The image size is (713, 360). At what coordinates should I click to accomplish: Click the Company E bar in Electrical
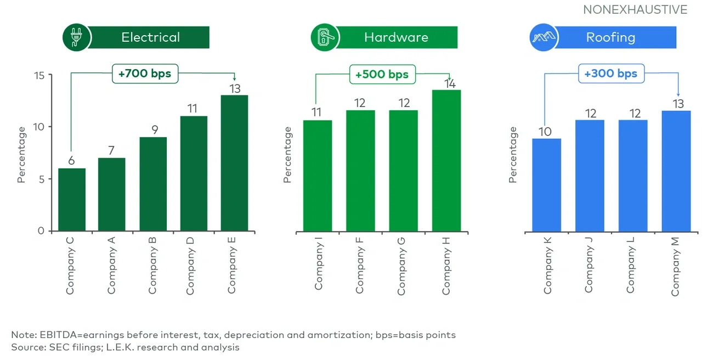coord(234,163)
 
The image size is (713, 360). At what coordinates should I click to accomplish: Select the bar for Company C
coord(71,199)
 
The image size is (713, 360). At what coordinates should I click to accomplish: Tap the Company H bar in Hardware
coord(446,160)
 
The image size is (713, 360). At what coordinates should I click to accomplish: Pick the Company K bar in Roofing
coord(547,184)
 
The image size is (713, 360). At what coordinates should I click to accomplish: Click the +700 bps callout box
coord(145,72)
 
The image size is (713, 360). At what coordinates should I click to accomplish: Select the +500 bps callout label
coord(382,75)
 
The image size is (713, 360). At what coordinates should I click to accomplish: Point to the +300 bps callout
coord(611,74)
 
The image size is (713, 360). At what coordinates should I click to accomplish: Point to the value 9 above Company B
coord(153,130)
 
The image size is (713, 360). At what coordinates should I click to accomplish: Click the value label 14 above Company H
coord(450,84)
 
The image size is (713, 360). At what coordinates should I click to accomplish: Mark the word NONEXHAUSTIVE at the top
coord(635,10)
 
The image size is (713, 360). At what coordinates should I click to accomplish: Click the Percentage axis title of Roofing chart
coord(513,155)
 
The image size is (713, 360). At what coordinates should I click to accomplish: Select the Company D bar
coord(194,173)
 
